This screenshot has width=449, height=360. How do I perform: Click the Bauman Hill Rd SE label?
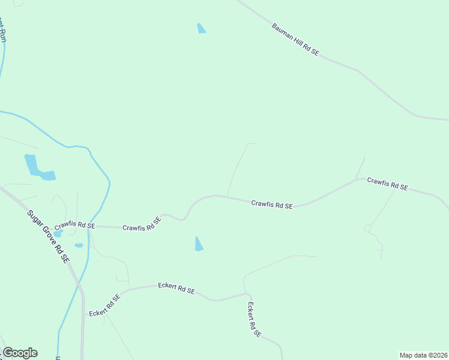[x=295, y=40]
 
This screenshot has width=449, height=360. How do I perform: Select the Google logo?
[x=20, y=353]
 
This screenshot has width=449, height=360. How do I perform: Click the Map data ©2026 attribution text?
[x=423, y=355]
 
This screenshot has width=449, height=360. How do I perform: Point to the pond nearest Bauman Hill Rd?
[x=201, y=28]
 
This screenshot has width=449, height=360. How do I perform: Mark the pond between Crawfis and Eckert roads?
[x=199, y=244]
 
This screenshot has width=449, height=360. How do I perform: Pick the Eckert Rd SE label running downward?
[x=254, y=319]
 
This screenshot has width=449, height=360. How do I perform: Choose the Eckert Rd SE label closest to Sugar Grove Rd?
[x=104, y=305]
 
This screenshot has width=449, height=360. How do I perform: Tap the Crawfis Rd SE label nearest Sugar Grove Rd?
[x=75, y=226]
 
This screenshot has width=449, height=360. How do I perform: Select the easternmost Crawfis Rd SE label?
[x=388, y=184]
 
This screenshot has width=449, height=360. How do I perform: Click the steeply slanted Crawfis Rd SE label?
[x=142, y=224]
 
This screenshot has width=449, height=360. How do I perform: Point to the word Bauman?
[x=283, y=32]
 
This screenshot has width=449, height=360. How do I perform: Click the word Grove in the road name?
[x=50, y=239]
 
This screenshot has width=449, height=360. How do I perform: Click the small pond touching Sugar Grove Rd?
[x=58, y=233]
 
